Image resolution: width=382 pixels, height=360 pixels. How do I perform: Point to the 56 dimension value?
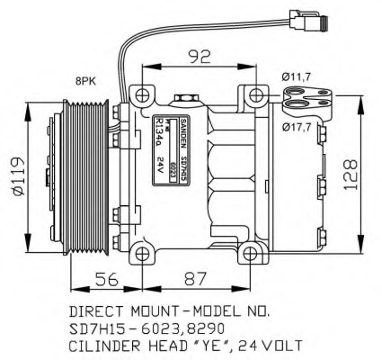coord(105,280)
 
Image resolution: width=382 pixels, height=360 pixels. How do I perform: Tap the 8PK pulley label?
coord(85,81)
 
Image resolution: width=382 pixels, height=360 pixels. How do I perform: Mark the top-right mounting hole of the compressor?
coord(258,94)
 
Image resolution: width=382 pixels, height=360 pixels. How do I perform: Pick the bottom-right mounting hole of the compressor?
coord(258,250)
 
